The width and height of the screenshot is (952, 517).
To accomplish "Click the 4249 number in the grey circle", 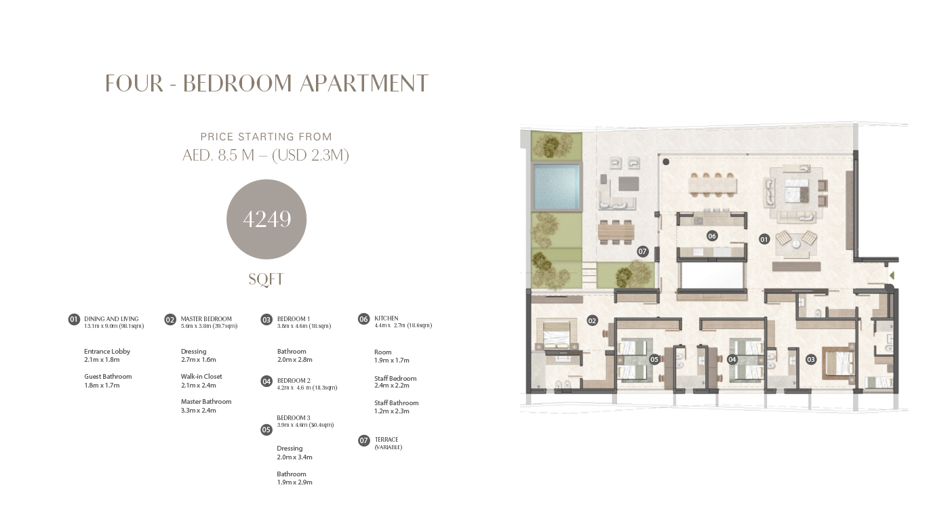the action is click(x=267, y=220).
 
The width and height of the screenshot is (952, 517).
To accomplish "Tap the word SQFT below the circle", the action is click(x=266, y=280).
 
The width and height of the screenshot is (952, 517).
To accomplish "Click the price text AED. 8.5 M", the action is click(x=218, y=155).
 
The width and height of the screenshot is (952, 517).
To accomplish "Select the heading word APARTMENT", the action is click(x=364, y=83).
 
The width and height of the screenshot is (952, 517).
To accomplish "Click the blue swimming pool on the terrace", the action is click(x=557, y=187).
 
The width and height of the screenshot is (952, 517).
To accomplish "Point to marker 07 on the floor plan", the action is click(x=642, y=251).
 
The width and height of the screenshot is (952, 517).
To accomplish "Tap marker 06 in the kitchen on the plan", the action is click(x=712, y=236).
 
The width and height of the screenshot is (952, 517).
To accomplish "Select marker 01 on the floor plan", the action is click(x=764, y=240).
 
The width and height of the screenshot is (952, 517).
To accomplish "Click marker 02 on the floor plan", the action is click(x=592, y=320).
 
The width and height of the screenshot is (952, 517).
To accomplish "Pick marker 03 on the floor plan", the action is click(x=811, y=360).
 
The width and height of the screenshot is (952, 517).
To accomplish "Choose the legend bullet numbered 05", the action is click(x=266, y=430).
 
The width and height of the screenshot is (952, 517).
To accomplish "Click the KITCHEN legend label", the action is click(x=386, y=318).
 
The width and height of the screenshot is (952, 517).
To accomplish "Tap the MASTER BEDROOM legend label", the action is click(x=206, y=319).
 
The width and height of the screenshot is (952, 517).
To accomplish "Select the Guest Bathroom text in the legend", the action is click(x=108, y=377).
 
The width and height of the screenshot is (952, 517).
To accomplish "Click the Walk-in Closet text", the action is click(x=201, y=377).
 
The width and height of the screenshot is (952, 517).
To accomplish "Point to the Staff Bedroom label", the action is click(x=395, y=379).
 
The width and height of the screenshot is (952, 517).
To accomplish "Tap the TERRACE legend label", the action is click(x=386, y=440).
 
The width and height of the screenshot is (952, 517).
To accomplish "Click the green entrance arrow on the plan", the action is click(x=892, y=276).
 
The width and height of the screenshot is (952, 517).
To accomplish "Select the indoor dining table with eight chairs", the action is click(x=713, y=185).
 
